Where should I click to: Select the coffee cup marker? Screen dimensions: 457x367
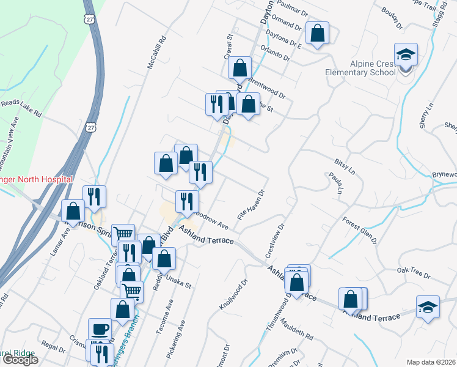tap(100, 329)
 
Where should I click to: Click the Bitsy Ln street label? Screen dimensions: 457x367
tap(345, 166)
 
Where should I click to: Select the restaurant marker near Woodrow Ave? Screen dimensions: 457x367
tap(187, 201)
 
